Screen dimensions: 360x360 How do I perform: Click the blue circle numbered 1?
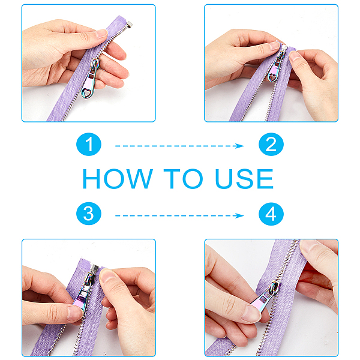89,144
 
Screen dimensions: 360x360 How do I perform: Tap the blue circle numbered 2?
271,144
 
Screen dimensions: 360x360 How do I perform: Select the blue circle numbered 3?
89,214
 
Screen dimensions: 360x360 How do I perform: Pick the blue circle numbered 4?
271,214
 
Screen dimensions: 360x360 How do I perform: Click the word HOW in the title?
118,179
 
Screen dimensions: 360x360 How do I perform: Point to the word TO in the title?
183,179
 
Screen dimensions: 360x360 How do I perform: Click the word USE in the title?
244,179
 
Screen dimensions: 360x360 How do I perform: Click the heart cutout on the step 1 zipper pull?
86,93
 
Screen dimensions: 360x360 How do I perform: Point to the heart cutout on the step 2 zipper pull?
272,77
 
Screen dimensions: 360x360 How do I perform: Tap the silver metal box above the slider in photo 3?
94,269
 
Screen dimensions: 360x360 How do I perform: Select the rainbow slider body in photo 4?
275,287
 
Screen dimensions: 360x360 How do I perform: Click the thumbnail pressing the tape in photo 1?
101,34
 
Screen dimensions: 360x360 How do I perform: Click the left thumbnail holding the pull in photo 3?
74,313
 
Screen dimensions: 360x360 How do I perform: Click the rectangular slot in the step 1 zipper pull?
92,75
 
